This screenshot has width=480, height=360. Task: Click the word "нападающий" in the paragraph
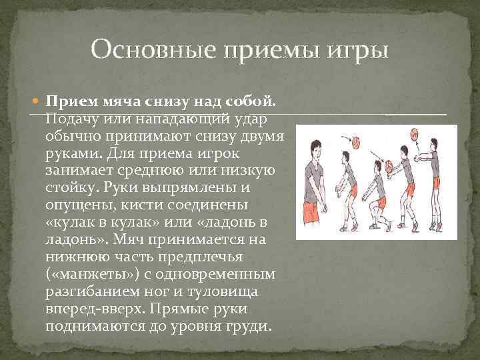[x=179, y=119]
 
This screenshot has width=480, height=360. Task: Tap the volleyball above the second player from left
[x=357, y=142]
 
